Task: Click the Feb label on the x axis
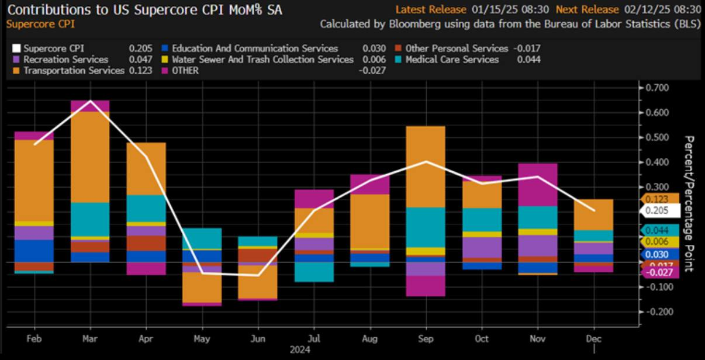coord(34,339)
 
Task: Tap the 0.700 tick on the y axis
coord(658,88)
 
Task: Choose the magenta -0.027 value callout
coord(661,272)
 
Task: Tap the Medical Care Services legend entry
coord(452,59)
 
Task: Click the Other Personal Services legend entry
coord(457,48)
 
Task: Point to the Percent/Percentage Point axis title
coord(689,203)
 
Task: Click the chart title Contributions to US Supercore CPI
coord(144,10)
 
